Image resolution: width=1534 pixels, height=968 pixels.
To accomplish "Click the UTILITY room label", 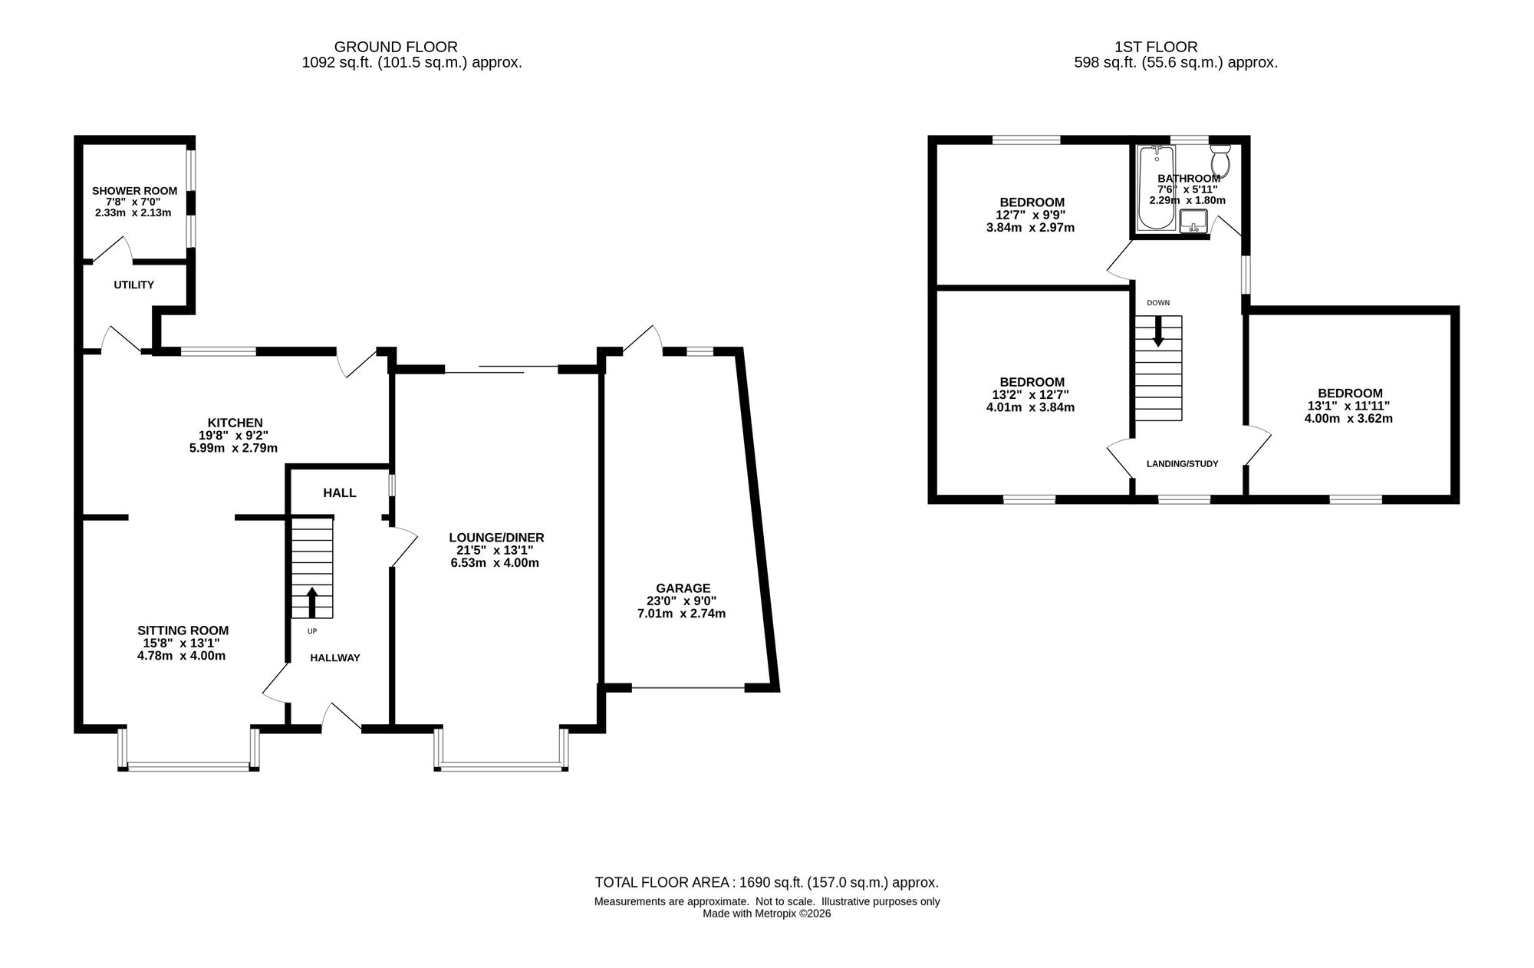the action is click(134, 285).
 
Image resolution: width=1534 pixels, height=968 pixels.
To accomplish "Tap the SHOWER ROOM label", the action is click(134, 191).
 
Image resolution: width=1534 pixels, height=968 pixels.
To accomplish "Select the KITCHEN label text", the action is click(235, 423).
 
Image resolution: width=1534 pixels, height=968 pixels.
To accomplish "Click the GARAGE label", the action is click(682, 588).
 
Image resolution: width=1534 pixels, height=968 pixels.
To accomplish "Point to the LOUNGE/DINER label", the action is click(496, 538).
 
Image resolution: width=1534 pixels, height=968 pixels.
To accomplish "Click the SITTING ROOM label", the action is click(183, 631).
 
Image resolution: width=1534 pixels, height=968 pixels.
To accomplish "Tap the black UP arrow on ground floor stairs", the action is click(312, 603).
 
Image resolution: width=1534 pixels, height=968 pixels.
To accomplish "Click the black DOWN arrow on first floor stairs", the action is click(1158, 331).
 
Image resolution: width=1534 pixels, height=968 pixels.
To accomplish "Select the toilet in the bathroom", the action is click(1220, 160).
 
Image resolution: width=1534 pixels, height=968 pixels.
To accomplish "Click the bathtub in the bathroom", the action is click(1156, 188).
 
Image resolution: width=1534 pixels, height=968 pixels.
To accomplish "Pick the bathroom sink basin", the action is click(1193, 221).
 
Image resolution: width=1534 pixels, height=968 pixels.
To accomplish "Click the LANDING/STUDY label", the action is click(1182, 464).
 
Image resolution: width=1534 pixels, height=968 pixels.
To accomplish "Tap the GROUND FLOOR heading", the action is click(396, 47).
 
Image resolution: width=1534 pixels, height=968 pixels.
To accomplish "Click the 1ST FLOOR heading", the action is click(1156, 47).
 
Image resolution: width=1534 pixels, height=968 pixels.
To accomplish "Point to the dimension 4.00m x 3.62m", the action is click(1348, 419).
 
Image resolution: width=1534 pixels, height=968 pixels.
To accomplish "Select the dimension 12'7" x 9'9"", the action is click(1030, 216).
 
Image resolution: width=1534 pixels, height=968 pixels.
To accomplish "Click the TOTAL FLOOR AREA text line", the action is click(767, 883).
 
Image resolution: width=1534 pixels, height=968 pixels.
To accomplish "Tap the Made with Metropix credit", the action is click(767, 914).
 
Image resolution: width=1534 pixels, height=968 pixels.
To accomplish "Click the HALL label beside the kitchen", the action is click(340, 492).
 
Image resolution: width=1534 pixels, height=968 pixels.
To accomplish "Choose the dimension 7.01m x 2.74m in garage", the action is click(682, 614).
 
